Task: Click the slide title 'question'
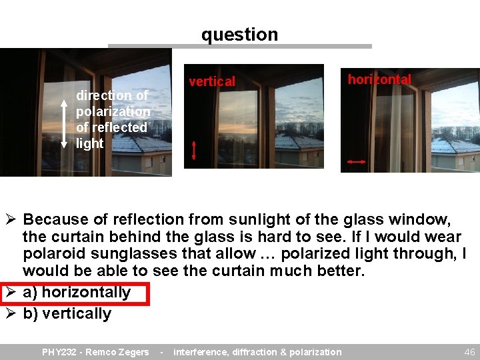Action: (x=239, y=34)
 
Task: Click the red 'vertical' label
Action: (x=212, y=81)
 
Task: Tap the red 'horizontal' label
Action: (x=379, y=79)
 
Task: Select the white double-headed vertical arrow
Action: (x=64, y=123)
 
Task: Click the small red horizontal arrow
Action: (x=357, y=161)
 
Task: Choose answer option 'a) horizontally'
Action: (x=77, y=292)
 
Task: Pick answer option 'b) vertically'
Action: (x=67, y=313)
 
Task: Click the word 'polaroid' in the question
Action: (x=53, y=254)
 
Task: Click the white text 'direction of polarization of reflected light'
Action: (x=111, y=119)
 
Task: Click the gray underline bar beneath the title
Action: (x=239, y=47)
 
